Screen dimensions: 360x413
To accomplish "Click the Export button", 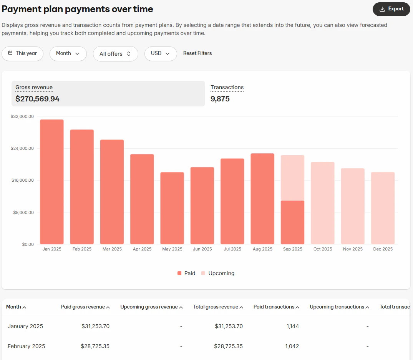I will [391, 9].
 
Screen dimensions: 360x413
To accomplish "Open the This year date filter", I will [22, 53].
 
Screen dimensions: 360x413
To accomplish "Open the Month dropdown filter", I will [68, 53].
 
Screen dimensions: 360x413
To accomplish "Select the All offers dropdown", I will [115, 54].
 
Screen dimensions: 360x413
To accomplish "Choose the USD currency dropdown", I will [160, 53].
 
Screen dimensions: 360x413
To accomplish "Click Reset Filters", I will [197, 53].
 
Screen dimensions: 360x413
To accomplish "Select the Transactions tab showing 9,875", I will [227, 93].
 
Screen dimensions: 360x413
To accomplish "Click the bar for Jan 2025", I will [52, 182].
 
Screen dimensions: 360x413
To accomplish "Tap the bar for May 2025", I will [172, 208].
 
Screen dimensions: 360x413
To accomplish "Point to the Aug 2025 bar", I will [262, 199].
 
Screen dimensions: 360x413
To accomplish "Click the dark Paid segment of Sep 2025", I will [292, 222].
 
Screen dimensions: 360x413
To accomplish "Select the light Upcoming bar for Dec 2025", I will [383, 208].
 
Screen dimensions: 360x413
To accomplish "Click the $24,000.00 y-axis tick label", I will [22, 148].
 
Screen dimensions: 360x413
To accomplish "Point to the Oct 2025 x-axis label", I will [322, 249].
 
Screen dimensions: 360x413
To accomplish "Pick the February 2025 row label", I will [27, 346].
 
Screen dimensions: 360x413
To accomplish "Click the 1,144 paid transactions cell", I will [292, 326].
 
